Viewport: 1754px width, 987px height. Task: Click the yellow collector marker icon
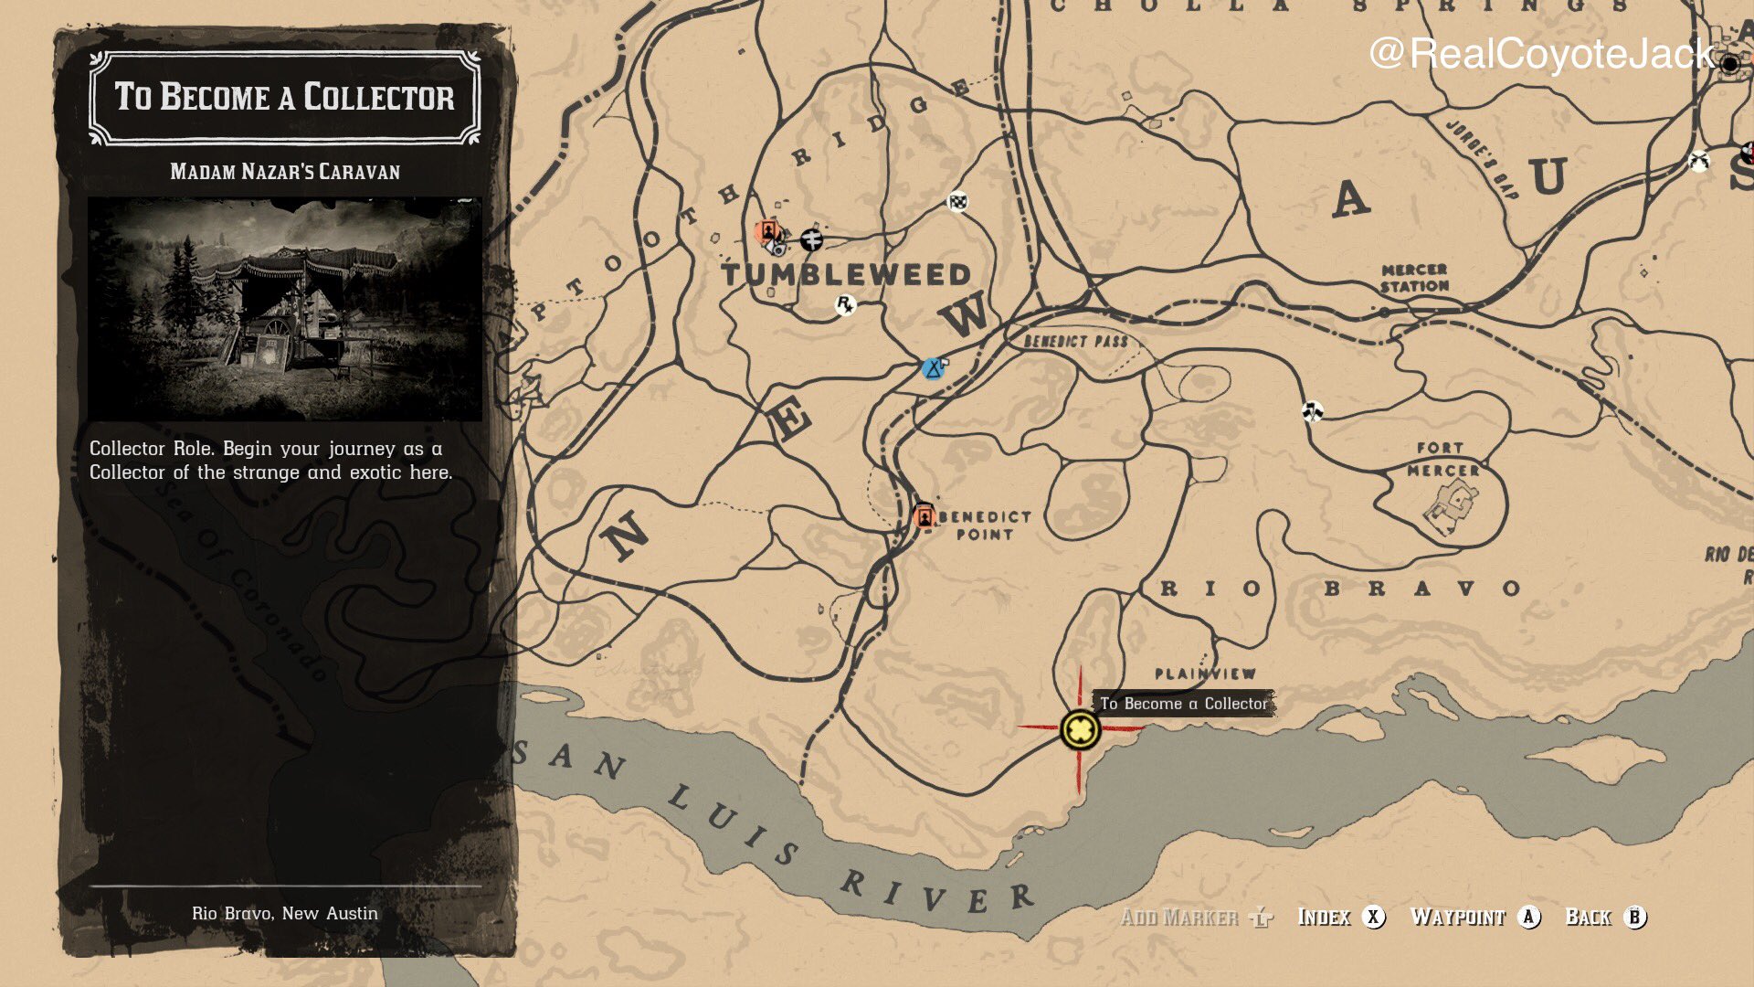coord(1080,729)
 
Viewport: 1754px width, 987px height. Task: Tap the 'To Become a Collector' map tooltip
coord(1183,703)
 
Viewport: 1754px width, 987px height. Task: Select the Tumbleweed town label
coord(846,274)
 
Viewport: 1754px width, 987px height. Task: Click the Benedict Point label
coord(985,525)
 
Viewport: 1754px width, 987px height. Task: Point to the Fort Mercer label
coord(1442,459)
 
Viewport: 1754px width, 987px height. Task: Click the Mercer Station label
coord(1414,278)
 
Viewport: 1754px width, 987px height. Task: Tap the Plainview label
coord(1205,674)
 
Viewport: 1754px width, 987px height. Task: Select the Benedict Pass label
coord(1075,342)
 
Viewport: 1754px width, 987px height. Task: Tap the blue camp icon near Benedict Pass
coord(933,368)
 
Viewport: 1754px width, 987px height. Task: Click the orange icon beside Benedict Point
coord(925,516)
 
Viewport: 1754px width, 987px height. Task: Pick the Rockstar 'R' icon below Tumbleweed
coord(845,304)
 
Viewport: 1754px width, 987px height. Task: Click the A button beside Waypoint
coord(1529,917)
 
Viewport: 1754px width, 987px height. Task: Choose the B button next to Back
coord(1634,917)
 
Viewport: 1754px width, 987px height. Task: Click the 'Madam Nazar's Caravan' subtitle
coord(285,172)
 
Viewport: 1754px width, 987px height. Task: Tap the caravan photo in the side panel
coord(285,309)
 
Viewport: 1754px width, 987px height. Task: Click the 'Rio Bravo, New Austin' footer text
coord(285,913)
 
